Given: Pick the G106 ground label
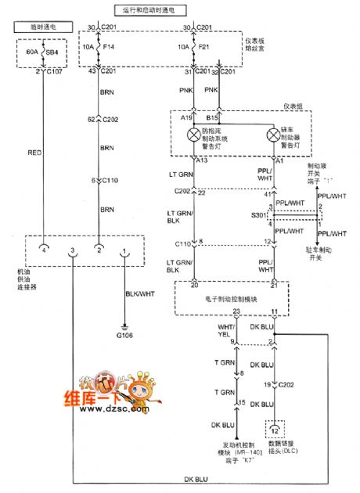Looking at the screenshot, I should click(124, 336).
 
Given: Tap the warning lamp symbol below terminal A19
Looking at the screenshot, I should click(192, 135).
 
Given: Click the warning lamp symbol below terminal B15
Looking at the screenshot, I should click(274, 135).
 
